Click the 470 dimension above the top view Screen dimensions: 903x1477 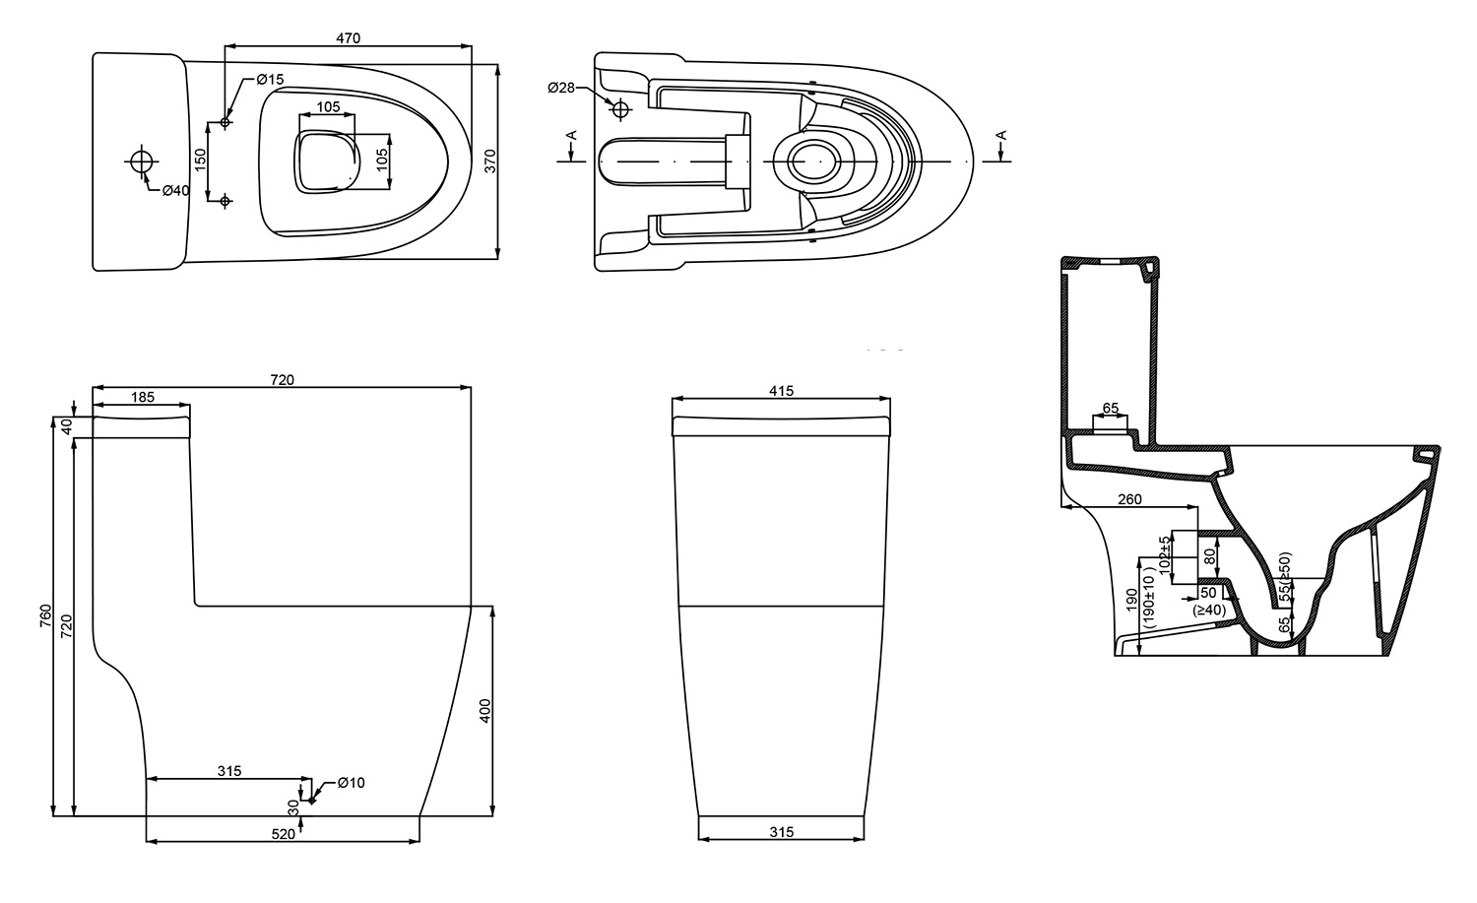pos(348,38)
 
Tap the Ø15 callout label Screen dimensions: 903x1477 pos(270,79)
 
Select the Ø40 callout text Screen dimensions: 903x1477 pos(175,190)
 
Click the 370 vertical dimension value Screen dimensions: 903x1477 pos(490,162)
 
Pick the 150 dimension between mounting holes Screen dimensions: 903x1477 pos(200,161)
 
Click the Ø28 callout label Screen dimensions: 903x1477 pos(561,89)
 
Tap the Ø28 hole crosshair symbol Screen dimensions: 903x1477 pos(620,106)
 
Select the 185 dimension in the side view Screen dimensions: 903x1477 pos(142,397)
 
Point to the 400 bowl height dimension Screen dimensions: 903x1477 pos(484,711)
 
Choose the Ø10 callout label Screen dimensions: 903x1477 pos(351,783)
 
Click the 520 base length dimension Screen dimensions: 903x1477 pos(283,834)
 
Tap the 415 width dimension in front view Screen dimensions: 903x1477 pos(781,391)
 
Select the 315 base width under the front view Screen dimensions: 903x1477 pos(781,832)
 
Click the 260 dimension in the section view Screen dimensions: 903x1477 pos(1129,499)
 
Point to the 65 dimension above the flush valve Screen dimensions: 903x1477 pos(1110,408)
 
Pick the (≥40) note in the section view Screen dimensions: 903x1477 pos(1208,610)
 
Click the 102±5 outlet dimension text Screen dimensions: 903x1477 pos(1165,556)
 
